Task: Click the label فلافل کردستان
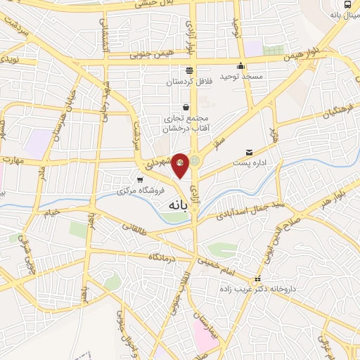pyautogui.click(x=188, y=83)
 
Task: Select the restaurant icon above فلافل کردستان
pyautogui.click(x=188, y=70)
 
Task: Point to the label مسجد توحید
pyautogui.click(x=241, y=76)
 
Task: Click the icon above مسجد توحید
pyautogui.click(x=241, y=66)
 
